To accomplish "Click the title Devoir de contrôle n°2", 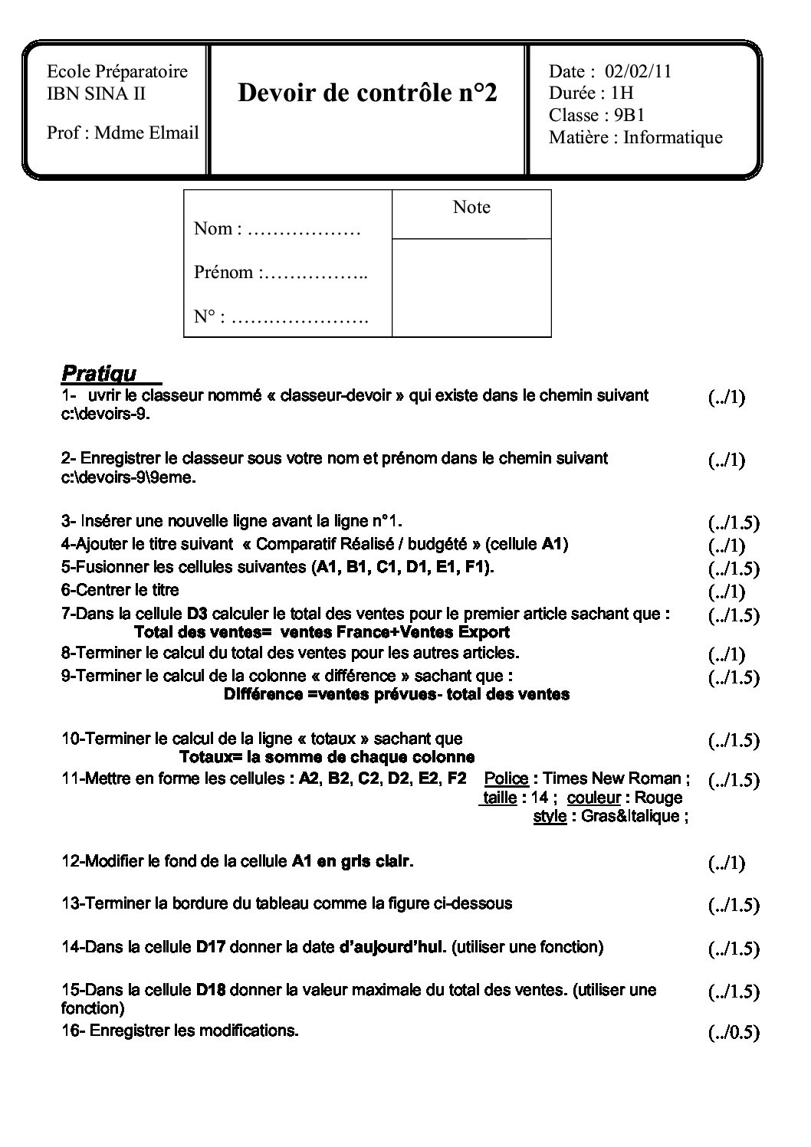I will pos(367,93).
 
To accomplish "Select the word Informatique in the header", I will pos(672,138).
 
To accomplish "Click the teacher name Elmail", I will pos(176,133).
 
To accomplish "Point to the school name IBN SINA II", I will pos(97,94).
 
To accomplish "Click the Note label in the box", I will pos(471,207).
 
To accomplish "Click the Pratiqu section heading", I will pos(99,374).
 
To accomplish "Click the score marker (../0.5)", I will pos(734,1033).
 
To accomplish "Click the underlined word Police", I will pos(506,778).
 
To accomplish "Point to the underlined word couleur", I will pos(593,798).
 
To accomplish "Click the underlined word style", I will pos(550,816).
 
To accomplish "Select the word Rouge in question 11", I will pos(658,798).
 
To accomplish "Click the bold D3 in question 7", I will pos(197,614).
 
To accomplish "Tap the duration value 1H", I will pos(622,93).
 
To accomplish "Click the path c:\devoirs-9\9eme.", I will pos(129,477).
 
